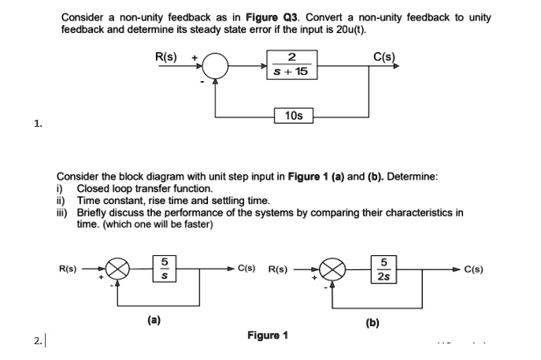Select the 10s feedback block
295,116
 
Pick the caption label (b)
371,321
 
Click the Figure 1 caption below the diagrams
266,335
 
